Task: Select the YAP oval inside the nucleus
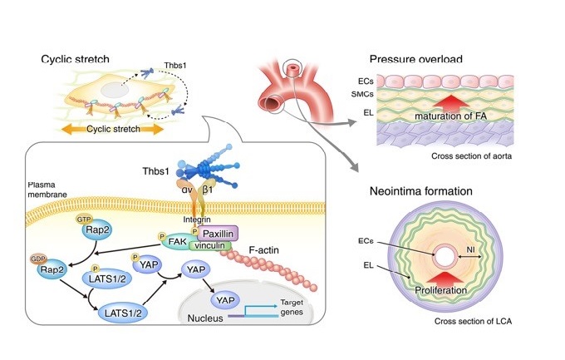point(224,299)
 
